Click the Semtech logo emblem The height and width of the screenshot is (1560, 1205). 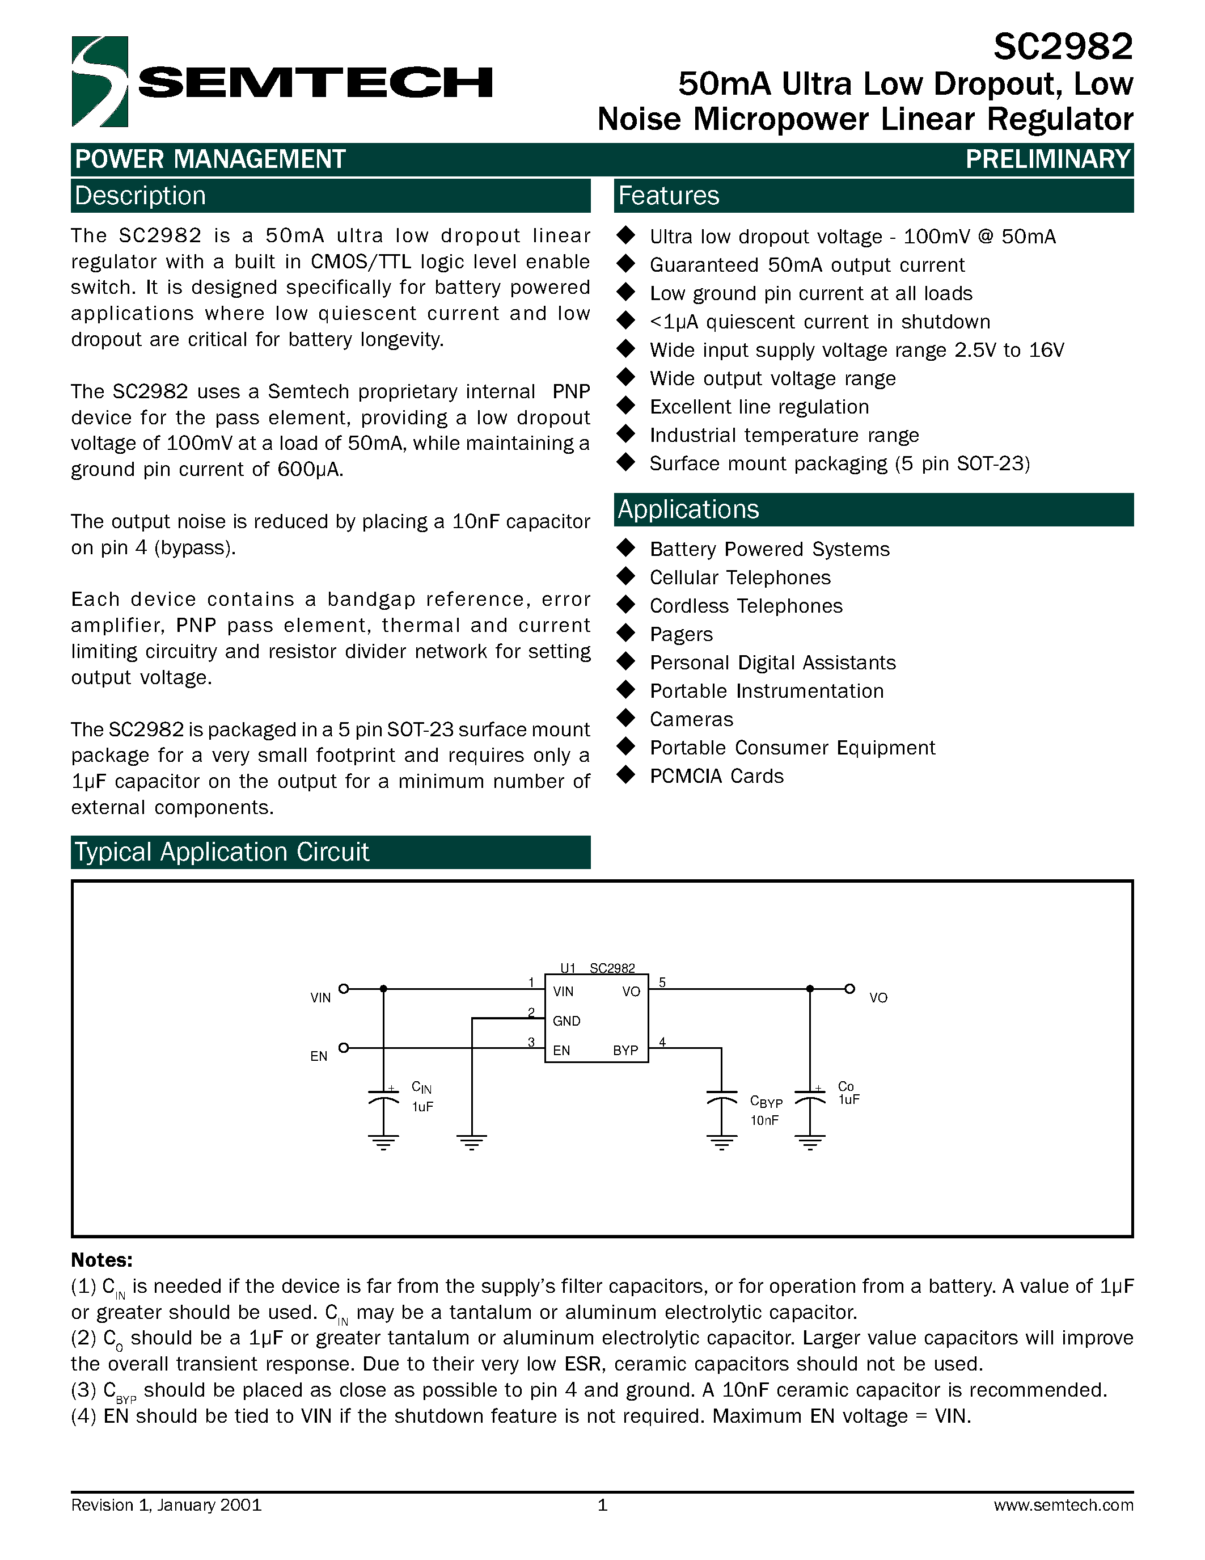click(x=100, y=82)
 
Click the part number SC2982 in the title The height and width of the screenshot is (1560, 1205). click(x=1062, y=48)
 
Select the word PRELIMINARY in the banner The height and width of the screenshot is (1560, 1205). click(x=1048, y=159)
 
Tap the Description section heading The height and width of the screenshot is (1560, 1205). click(x=140, y=196)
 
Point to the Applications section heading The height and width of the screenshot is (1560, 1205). click(x=688, y=509)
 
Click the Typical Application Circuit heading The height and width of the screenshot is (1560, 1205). click(x=222, y=852)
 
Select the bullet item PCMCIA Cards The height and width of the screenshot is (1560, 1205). click(x=716, y=777)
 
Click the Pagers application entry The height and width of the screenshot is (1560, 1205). click(x=681, y=634)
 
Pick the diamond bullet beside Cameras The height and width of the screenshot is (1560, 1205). click(x=626, y=718)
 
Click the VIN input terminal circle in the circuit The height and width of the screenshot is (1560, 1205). click(x=344, y=989)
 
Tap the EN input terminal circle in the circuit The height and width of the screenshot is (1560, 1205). click(x=344, y=1048)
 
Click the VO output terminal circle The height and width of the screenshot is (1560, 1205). click(x=849, y=989)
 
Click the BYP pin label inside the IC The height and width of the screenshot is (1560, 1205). click(x=625, y=1051)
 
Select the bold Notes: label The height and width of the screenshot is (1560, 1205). click(x=102, y=1260)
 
